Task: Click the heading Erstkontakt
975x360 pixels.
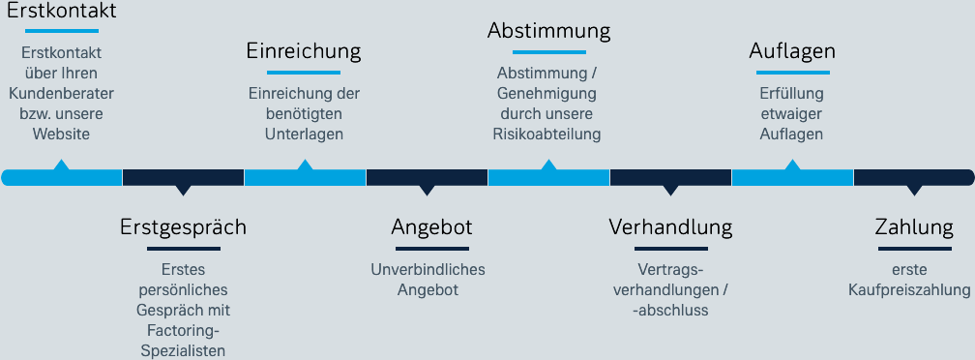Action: (x=62, y=13)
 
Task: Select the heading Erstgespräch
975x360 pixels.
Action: (x=183, y=227)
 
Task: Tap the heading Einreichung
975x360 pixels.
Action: (x=304, y=51)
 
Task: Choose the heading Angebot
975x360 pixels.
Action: (x=431, y=227)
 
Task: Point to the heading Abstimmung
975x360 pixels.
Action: (x=548, y=31)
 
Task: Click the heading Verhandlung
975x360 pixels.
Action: (x=670, y=227)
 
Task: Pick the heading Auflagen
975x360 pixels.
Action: (x=792, y=51)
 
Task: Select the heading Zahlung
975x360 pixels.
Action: (x=914, y=227)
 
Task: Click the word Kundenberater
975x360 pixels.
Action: (x=61, y=93)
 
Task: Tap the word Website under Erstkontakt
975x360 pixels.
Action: (x=61, y=134)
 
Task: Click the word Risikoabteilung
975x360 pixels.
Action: (x=547, y=134)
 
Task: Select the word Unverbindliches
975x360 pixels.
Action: (x=428, y=269)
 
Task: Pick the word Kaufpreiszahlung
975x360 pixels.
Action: (x=909, y=289)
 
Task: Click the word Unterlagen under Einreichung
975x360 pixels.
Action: (x=304, y=134)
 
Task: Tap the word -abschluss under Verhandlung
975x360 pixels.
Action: (x=669, y=310)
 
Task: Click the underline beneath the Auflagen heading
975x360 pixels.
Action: (x=792, y=73)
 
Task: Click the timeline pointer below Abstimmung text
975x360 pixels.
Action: (x=548, y=165)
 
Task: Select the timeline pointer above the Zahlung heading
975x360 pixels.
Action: (x=914, y=189)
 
